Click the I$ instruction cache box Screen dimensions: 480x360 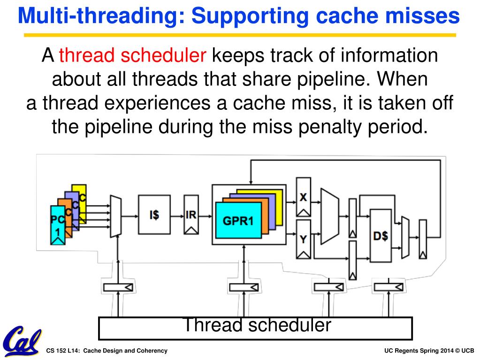[154, 214]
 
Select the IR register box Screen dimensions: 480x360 [191, 214]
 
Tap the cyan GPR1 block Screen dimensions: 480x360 [238, 220]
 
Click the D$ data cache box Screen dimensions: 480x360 [381, 236]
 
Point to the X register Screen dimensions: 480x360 [304, 197]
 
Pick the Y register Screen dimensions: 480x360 [304, 239]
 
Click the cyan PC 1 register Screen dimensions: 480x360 [58, 225]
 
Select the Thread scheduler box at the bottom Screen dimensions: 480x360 [256, 328]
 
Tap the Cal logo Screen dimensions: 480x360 [22, 341]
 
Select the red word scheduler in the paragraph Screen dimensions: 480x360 [163, 55]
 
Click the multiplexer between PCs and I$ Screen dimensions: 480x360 [116, 216]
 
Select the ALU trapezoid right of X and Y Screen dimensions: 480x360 [330, 216]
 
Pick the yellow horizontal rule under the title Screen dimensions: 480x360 [240, 35]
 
